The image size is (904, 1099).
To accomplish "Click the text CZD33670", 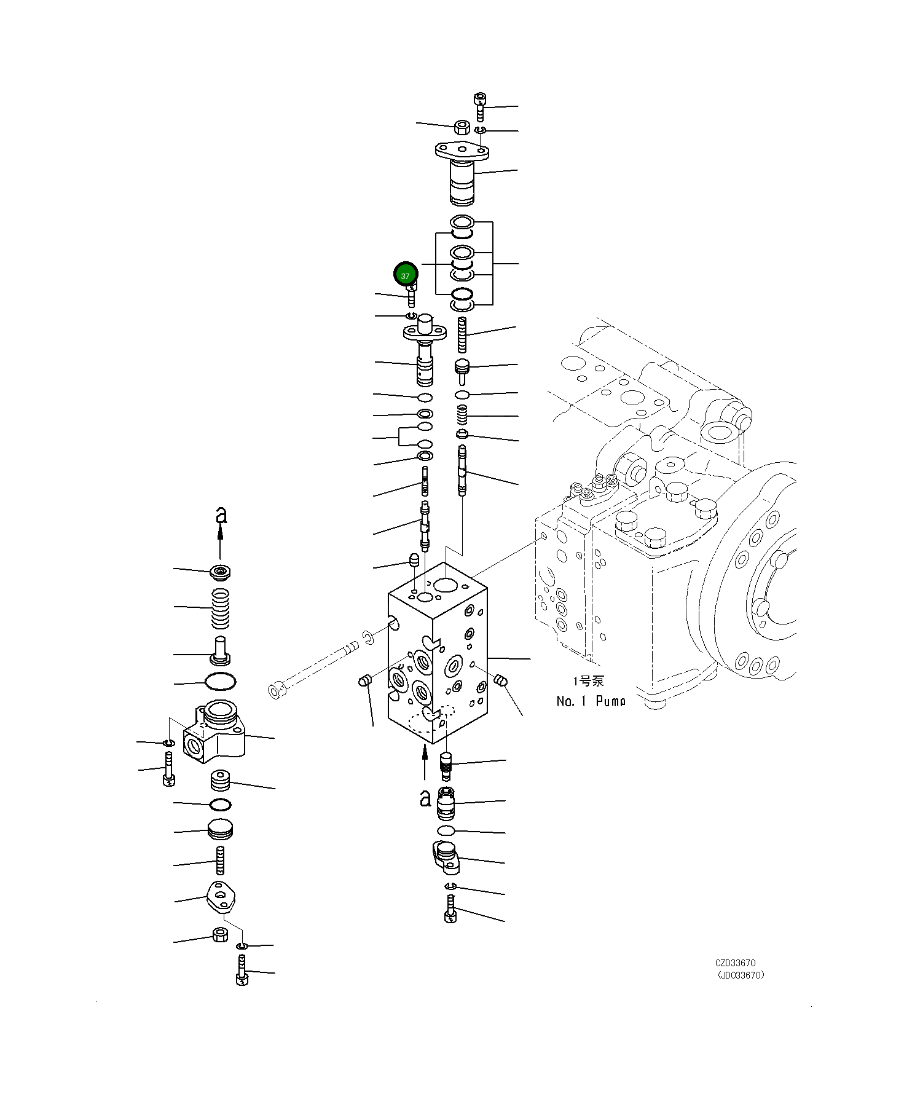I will [735, 963].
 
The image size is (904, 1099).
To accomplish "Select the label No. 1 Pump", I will [591, 701].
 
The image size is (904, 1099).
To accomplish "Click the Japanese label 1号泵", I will [588, 680].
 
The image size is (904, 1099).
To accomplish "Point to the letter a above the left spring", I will [221, 515].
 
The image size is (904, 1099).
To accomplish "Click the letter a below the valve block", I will [425, 797].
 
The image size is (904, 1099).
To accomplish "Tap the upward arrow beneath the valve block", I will [425, 762].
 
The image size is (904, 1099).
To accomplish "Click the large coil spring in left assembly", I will [221, 609].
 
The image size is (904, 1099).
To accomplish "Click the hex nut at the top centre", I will [462, 127].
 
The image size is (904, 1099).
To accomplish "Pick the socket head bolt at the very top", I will [481, 106].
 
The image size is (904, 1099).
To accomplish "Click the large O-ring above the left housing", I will [220, 681].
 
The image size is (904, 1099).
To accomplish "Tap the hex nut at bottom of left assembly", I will [220, 936].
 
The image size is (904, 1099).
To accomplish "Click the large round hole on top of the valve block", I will [445, 585].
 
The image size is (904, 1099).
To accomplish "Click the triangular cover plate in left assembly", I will [220, 896].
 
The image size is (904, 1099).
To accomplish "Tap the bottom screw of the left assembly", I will [242, 971].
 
